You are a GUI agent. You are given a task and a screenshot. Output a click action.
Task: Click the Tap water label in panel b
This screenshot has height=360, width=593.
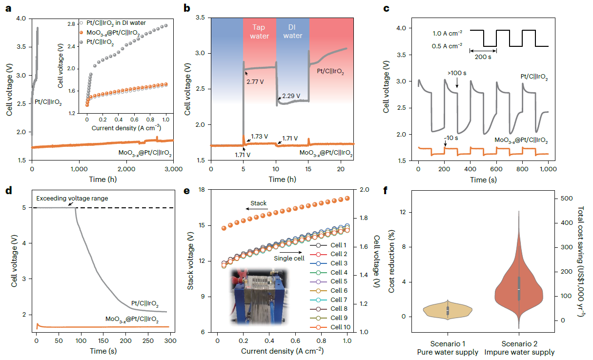pos(259,32)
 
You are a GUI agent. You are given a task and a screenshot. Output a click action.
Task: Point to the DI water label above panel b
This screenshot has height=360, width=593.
pos(293,32)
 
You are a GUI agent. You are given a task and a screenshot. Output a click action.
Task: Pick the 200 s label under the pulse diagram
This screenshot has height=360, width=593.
pos(483,57)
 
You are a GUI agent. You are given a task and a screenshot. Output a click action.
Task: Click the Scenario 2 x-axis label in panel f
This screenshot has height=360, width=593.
pos(519,343)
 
